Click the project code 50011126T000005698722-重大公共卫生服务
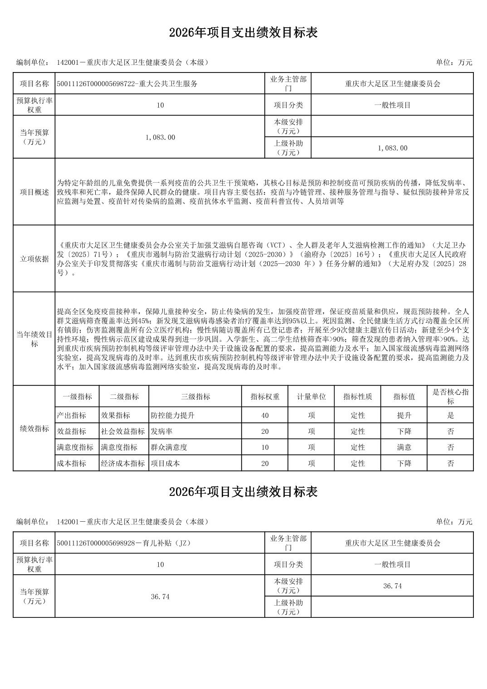127,84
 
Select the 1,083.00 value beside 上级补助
392,148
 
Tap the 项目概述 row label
34,192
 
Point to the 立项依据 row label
34,259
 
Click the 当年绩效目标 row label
34,339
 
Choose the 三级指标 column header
195,397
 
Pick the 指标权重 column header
265,397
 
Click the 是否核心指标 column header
450,397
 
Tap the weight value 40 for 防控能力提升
265,415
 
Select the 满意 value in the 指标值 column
404,447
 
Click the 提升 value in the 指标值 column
404,415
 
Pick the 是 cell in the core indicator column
450,415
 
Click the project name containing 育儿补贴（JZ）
123,543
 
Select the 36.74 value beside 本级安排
392,586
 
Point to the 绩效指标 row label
34,428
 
